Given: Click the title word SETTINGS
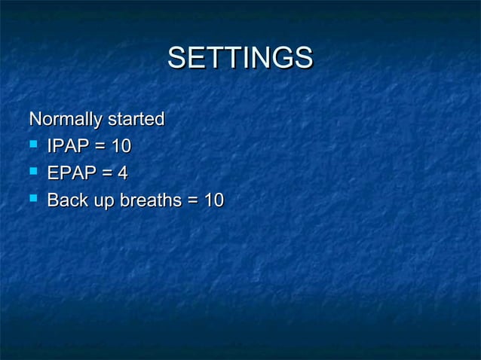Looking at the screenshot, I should point(240,58).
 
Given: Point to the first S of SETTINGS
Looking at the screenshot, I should point(176,58).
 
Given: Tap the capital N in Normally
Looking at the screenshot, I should point(35,119).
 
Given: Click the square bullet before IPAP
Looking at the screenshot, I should point(34,145).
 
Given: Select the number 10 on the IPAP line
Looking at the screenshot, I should point(121,146).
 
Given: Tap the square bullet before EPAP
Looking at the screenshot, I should point(34,172).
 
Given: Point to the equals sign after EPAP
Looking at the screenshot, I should point(104,174).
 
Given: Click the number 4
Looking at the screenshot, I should point(121,173).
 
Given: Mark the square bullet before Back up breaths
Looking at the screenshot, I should point(34,200).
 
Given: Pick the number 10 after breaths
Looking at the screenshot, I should point(213,200).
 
